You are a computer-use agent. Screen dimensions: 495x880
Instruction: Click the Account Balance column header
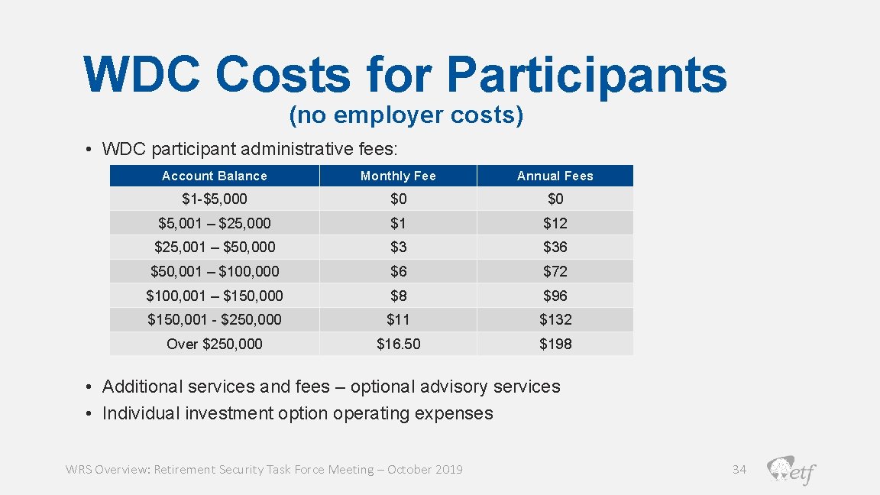click(x=214, y=176)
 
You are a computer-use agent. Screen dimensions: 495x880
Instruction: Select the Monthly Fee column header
click(x=398, y=176)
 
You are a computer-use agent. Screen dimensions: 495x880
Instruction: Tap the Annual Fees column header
click(x=555, y=176)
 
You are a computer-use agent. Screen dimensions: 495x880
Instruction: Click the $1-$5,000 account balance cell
click(x=214, y=199)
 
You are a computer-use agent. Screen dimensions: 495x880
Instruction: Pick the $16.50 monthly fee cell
click(x=398, y=344)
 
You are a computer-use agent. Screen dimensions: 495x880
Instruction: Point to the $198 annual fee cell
click(x=555, y=344)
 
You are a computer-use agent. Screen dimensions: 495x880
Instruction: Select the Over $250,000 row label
click(x=214, y=344)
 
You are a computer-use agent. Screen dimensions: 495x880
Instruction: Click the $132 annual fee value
click(x=555, y=319)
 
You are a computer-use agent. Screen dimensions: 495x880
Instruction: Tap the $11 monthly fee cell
click(x=398, y=319)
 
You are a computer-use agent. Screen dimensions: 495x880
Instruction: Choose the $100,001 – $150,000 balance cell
click(x=214, y=296)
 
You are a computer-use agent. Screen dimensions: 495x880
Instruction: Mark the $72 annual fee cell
click(x=555, y=271)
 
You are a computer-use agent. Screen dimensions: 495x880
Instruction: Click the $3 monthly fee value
click(x=398, y=247)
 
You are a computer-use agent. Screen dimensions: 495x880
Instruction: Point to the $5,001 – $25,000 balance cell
click(x=214, y=223)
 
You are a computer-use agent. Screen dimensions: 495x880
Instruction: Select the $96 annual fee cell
click(x=555, y=296)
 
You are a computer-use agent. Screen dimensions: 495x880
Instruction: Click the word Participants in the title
click(x=586, y=75)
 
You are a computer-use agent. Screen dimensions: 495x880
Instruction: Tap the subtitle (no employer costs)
click(x=406, y=115)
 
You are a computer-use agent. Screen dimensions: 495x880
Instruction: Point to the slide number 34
click(x=739, y=469)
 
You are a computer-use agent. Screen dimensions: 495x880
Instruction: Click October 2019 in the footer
click(x=425, y=469)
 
